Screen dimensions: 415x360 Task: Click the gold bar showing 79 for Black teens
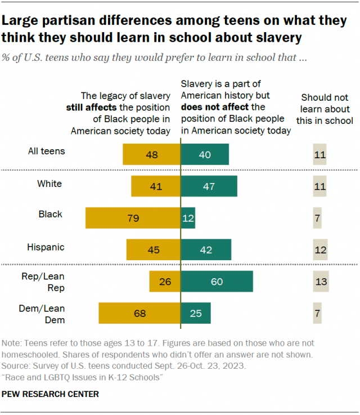[133, 218]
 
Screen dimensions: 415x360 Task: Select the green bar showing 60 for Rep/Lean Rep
[217, 282]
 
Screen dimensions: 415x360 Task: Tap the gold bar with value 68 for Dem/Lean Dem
[139, 313]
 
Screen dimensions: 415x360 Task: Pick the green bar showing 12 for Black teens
[188, 218]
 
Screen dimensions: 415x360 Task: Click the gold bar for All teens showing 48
[151, 154]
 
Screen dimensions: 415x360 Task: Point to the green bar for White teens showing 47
[209, 186]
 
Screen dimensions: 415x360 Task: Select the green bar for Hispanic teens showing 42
[206, 249]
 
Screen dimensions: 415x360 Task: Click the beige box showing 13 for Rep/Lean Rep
[319, 282]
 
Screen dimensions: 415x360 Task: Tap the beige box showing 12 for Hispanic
[319, 249]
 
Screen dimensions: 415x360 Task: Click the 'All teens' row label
[47, 151]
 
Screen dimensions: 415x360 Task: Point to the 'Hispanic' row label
[46, 247]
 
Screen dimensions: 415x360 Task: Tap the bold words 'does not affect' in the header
[214, 107]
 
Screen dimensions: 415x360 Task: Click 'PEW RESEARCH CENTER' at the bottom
[51, 394]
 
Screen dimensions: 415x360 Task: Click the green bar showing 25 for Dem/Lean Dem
[195, 313]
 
